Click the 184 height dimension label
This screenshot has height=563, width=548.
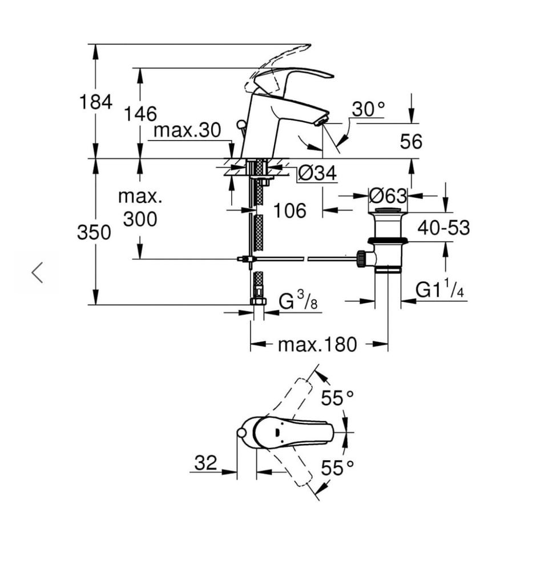pyautogui.click(x=95, y=102)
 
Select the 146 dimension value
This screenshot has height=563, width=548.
pyautogui.click(x=140, y=114)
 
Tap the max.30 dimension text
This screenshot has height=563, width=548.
pyautogui.click(x=187, y=130)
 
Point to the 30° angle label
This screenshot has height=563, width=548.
pyautogui.click(x=368, y=109)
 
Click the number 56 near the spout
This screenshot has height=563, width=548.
pyautogui.click(x=411, y=142)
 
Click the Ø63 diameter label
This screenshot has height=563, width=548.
pyautogui.click(x=388, y=196)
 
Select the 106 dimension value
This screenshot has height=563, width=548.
pyautogui.click(x=289, y=210)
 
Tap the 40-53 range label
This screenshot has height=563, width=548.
pyautogui.click(x=443, y=227)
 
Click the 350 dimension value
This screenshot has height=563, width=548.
pyautogui.click(x=94, y=233)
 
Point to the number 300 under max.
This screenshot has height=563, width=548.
pyautogui.click(x=140, y=218)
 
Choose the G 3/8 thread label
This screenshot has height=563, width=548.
pyautogui.click(x=297, y=301)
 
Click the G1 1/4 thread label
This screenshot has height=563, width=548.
pyautogui.click(x=440, y=290)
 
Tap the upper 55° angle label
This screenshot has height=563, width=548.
pyautogui.click(x=337, y=398)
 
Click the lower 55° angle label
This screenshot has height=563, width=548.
pyautogui.click(x=337, y=468)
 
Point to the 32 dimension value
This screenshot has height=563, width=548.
pyautogui.click(x=205, y=462)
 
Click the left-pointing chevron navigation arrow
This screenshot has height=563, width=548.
pyautogui.click(x=38, y=272)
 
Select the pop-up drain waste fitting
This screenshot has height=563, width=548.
pyautogui.click(x=388, y=240)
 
